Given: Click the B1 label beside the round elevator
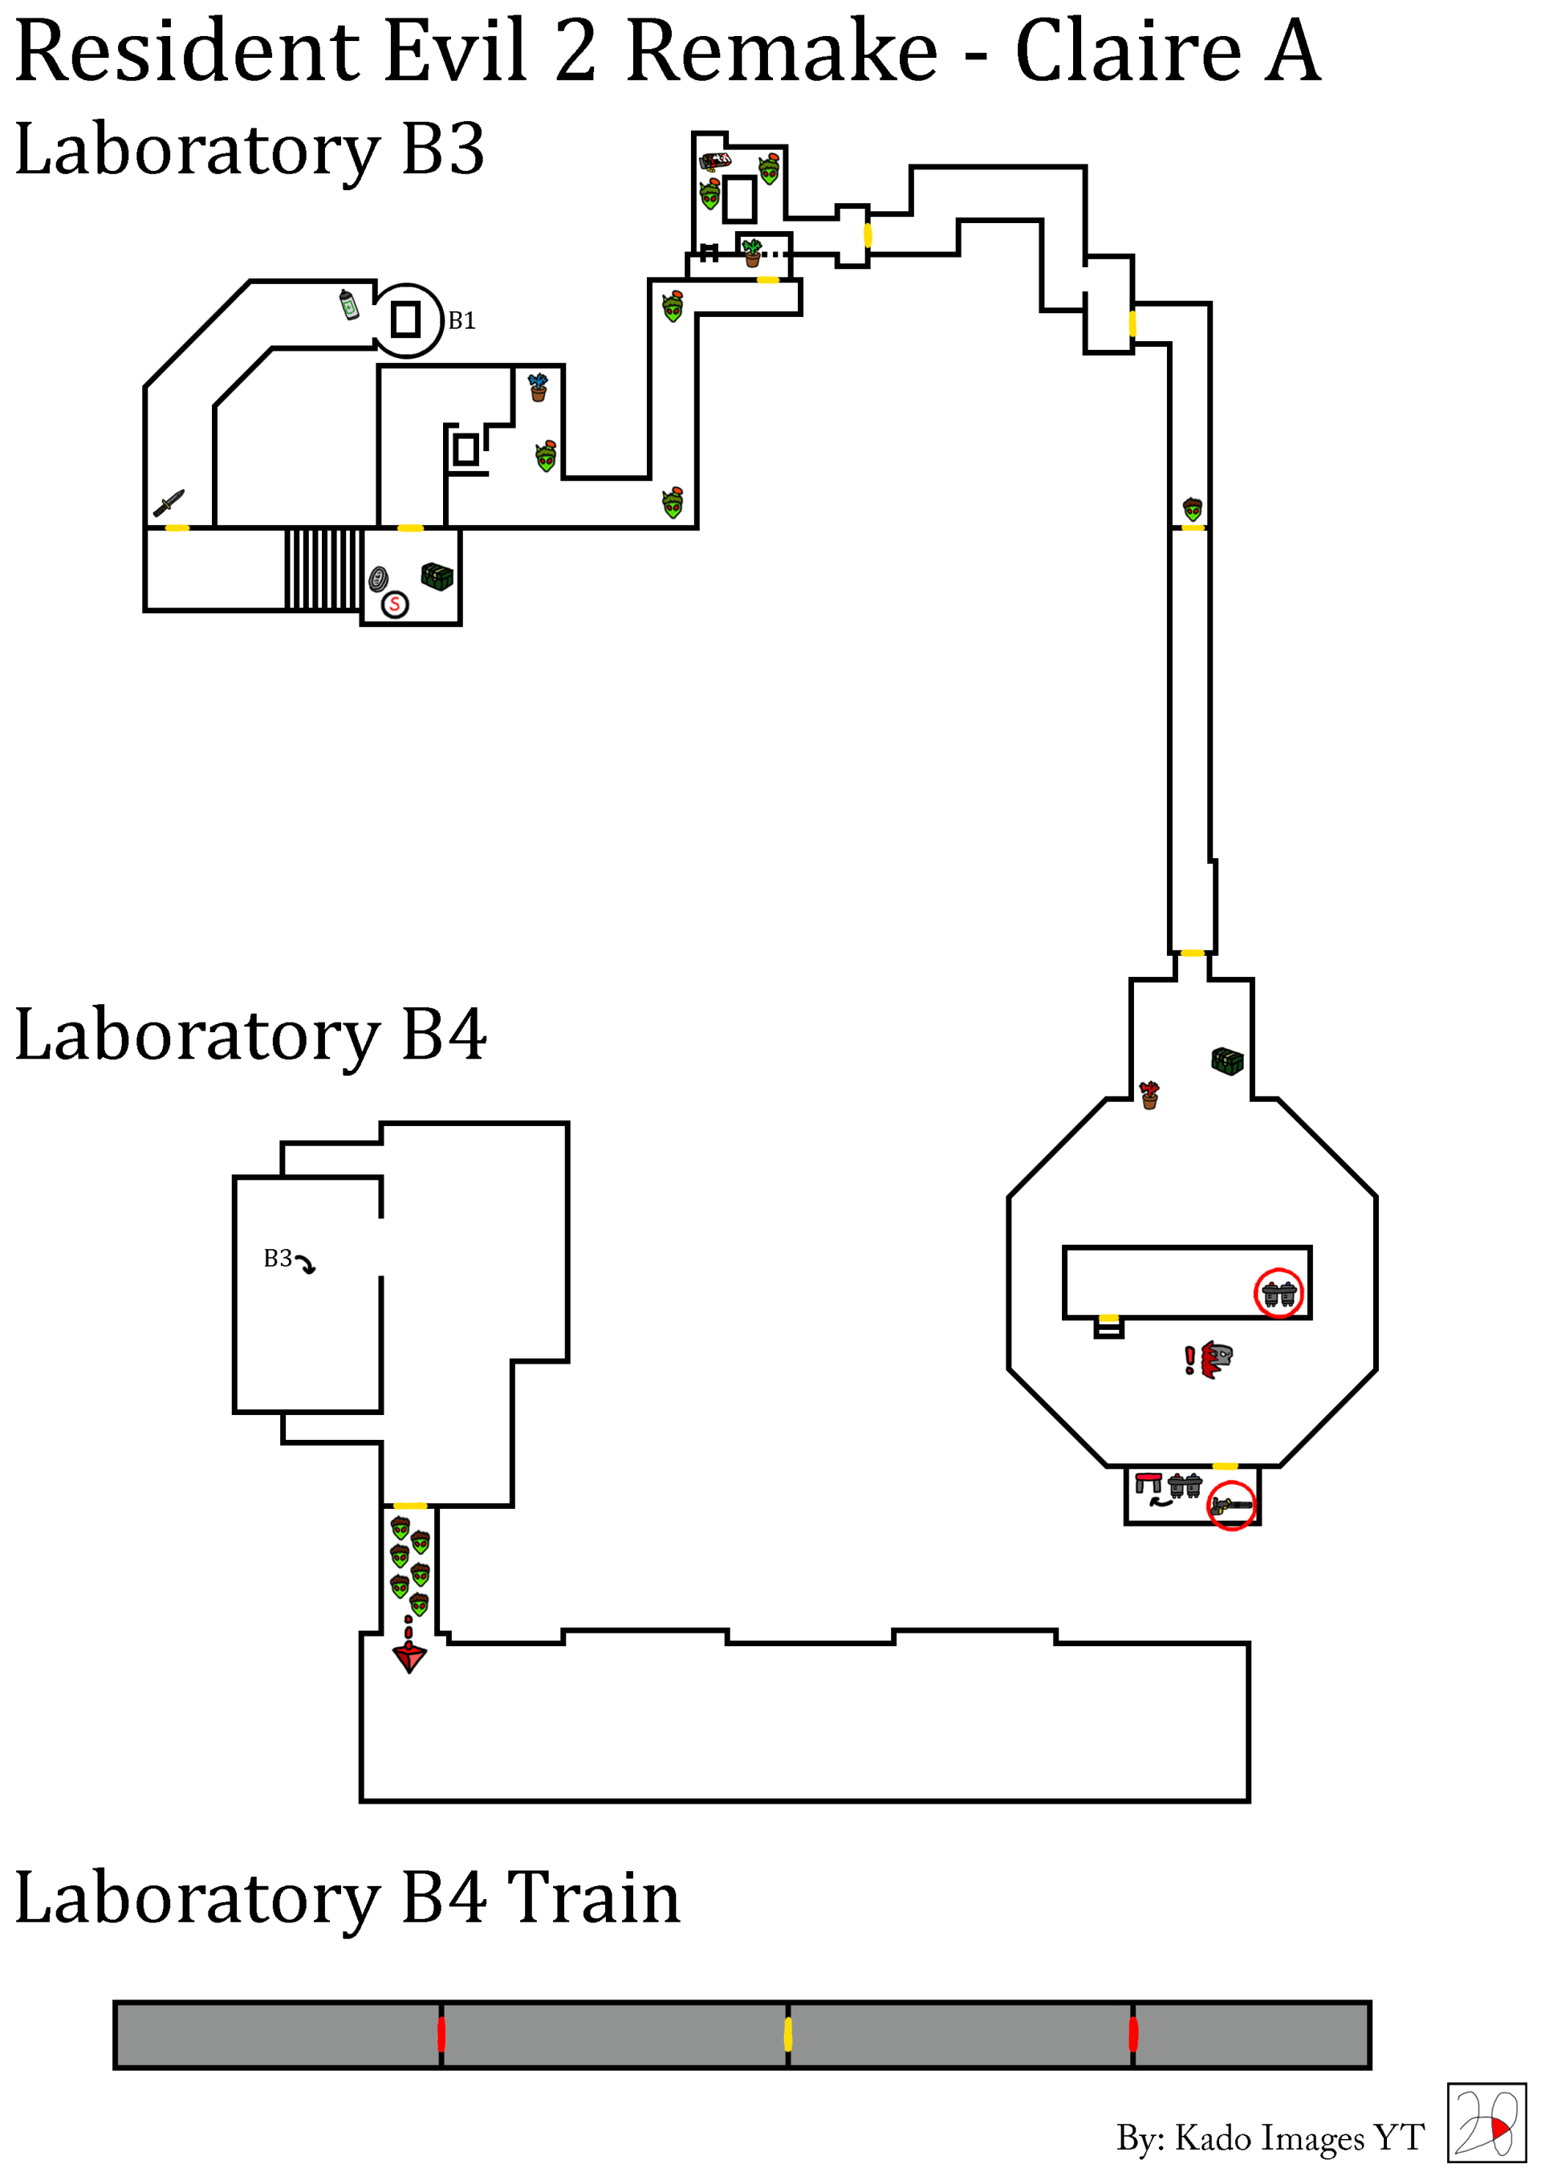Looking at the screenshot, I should click(461, 321).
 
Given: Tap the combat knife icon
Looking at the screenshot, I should click(169, 503).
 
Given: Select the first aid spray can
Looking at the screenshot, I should click(349, 305).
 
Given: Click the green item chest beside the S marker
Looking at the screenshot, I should click(437, 576).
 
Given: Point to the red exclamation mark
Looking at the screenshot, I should click(1189, 1360).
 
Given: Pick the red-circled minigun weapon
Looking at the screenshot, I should click(1231, 1506).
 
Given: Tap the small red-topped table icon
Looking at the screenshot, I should click(1148, 1482).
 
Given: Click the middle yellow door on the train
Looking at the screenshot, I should click(788, 2035).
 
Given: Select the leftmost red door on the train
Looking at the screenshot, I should click(441, 2035).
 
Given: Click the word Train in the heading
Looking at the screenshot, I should click(593, 1899).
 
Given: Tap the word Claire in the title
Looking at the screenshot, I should click(1128, 52).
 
